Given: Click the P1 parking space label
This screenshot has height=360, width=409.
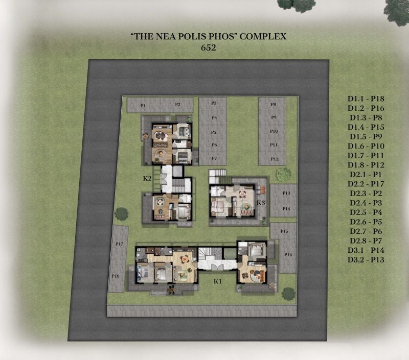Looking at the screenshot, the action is click(x=143, y=106).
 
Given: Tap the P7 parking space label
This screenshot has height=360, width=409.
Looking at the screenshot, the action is click(x=214, y=158).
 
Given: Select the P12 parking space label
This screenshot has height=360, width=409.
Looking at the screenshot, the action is click(x=275, y=159).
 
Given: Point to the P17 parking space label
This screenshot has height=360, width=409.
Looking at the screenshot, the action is click(x=119, y=244).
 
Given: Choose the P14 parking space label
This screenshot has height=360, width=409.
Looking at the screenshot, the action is click(x=286, y=209).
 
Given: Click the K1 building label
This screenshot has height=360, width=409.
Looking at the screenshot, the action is click(x=218, y=281).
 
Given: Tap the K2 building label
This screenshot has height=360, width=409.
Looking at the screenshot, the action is click(x=147, y=178).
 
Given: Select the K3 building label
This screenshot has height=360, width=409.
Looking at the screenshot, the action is click(x=261, y=203).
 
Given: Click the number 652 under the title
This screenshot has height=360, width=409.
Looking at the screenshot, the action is click(x=209, y=47).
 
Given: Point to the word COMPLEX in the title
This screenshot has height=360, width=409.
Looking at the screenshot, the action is click(x=263, y=36).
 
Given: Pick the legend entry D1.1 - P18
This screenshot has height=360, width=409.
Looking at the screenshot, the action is click(x=366, y=99).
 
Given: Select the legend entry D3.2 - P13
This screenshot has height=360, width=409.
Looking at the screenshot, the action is click(x=366, y=260).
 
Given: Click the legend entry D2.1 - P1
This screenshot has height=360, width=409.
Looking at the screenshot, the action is click(x=366, y=175).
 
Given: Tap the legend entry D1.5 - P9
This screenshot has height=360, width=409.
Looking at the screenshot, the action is click(x=366, y=136).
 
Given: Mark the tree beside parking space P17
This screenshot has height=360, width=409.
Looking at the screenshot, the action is click(x=121, y=214).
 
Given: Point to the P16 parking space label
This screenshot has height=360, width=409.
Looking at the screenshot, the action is click(x=288, y=255).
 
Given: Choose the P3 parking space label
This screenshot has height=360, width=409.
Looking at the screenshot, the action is click(x=214, y=103).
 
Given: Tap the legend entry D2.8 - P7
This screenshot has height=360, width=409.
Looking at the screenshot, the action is click(x=366, y=241).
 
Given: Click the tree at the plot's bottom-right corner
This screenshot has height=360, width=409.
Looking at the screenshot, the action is click(x=288, y=294).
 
